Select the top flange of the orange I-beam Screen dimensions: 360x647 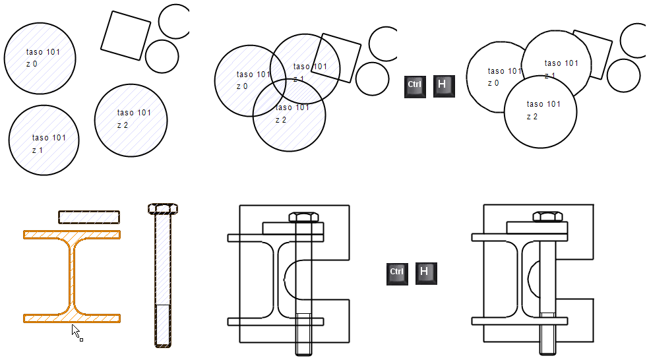coord(72,234)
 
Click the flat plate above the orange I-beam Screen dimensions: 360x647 coord(89,217)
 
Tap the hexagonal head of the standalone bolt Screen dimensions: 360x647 coord(162,208)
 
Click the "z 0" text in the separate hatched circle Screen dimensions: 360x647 coord(32,64)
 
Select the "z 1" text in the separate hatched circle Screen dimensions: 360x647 coord(38,150)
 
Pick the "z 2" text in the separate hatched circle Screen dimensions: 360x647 coord(123,125)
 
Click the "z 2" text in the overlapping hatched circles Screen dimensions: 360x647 coord(281,120)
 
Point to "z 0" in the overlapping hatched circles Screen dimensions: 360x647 coord(242,86)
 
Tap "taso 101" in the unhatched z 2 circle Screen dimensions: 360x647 coord(543,104)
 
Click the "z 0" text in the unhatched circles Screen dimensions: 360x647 coord(493,83)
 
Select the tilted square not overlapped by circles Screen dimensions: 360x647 coord(125,36)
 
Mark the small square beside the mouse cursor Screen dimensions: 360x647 coord(81,340)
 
